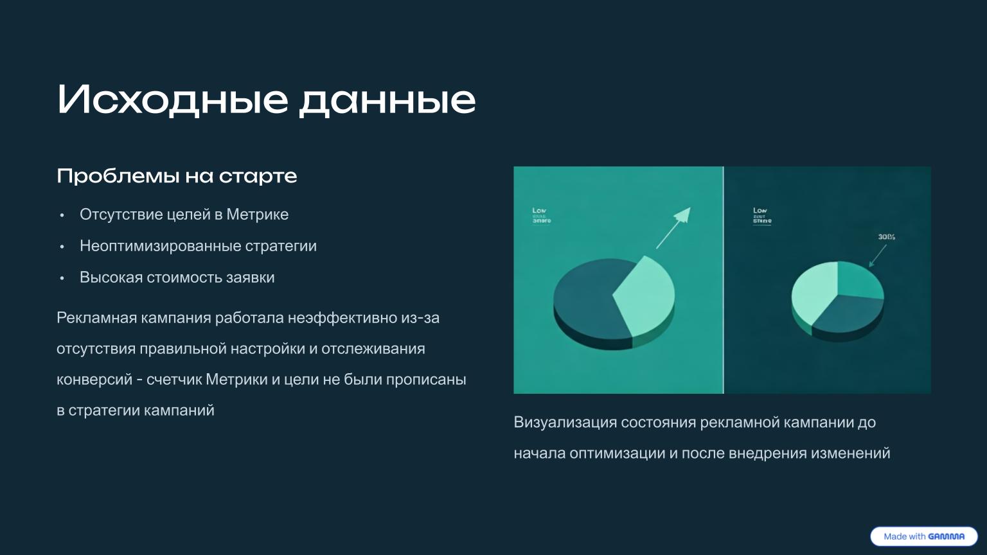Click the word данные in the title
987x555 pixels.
tap(387, 100)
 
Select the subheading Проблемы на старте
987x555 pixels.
tap(177, 176)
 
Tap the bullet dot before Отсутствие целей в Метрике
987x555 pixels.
tap(62, 215)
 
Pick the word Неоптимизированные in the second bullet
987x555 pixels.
tap(160, 246)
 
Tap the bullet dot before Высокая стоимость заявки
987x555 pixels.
tap(62, 278)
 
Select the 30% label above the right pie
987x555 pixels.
tap(886, 237)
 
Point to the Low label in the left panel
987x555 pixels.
tap(540, 211)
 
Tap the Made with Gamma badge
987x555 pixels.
tap(923, 536)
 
